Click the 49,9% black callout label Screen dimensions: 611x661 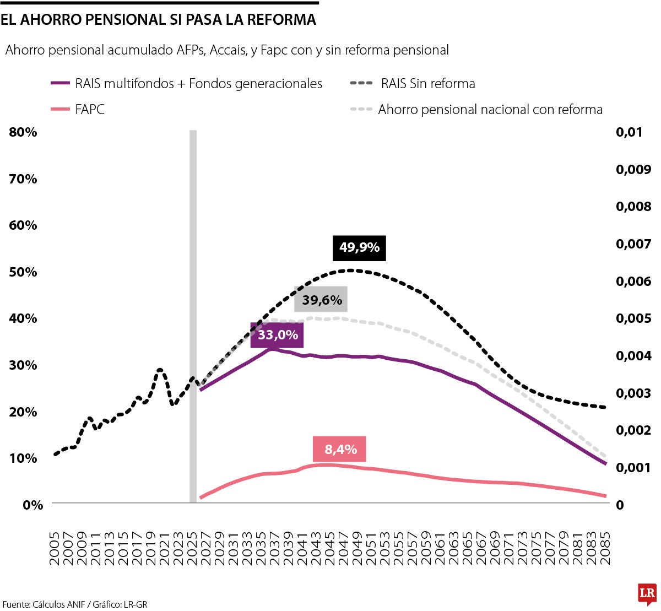click(x=359, y=248)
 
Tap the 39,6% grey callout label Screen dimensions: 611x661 click(x=322, y=300)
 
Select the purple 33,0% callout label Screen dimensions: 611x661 click(x=278, y=335)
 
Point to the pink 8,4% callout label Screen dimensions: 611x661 click(x=340, y=450)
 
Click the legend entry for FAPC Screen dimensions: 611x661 click(x=89, y=109)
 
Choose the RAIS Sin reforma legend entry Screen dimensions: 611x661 click(x=427, y=84)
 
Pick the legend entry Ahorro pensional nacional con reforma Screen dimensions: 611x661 click(x=490, y=109)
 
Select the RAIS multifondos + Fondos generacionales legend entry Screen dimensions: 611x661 click(x=198, y=84)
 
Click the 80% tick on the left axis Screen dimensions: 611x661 click(x=23, y=132)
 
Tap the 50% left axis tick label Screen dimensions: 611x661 click(x=23, y=272)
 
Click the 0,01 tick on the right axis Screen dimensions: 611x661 click(x=629, y=132)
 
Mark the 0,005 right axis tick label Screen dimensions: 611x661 click(x=633, y=318)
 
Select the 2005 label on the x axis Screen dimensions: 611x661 click(x=55, y=548)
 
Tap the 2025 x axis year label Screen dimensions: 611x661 click(x=193, y=548)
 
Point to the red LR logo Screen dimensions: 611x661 click(x=647, y=593)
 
